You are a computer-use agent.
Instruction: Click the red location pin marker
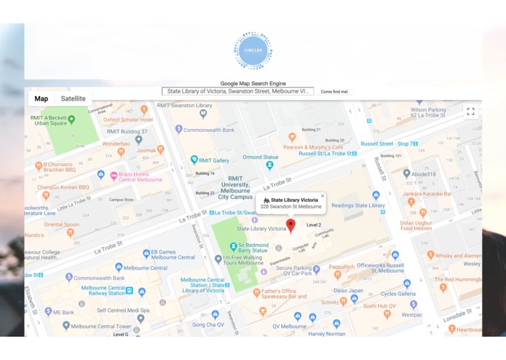[x=290, y=224]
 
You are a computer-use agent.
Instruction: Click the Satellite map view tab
[x=73, y=99]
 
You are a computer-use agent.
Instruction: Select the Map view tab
[x=41, y=99]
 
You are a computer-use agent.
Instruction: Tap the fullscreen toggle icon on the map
[x=470, y=111]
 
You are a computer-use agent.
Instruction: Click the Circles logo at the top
[x=253, y=50]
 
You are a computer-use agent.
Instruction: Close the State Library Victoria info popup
[x=323, y=195]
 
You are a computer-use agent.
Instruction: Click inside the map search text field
[x=238, y=92]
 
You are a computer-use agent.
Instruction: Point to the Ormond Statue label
[x=260, y=157]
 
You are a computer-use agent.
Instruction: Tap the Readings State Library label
[x=358, y=206]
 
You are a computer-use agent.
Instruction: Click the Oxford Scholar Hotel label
[x=127, y=120]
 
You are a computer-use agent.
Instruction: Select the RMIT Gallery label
[x=215, y=160]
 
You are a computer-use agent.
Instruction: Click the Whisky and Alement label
[x=458, y=256]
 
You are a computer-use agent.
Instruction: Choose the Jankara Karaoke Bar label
[x=447, y=194]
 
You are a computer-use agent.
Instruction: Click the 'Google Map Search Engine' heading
[x=253, y=83]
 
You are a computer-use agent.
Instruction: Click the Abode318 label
[x=424, y=174]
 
